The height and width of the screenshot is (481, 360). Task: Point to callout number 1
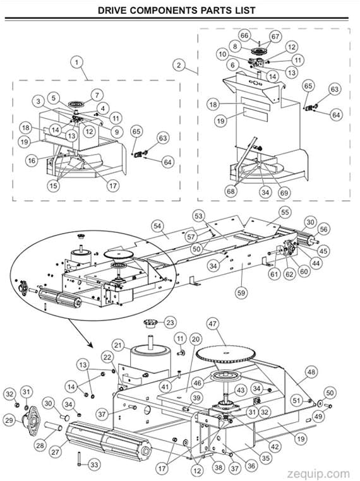(x=77, y=62)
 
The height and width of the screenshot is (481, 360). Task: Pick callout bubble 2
(x=180, y=65)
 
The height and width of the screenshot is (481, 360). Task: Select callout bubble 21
(x=118, y=345)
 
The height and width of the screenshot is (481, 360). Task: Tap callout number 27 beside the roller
(x=55, y=452)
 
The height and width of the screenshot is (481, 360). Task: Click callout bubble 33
(x=94, y=465)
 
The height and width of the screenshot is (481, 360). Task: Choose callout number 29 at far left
(x=11, y=420)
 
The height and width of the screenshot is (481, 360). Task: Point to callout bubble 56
(x=323, y=229)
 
